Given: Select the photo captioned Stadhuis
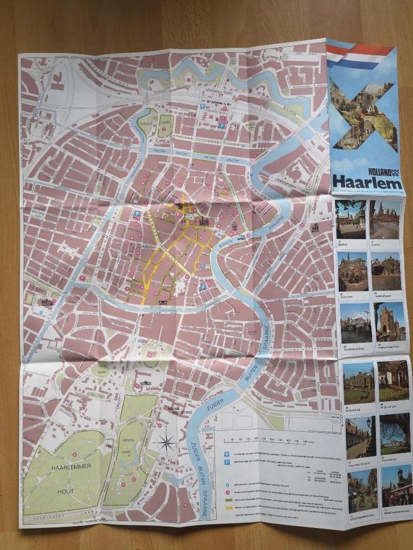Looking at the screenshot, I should pyautogui.click(x=351, y=219).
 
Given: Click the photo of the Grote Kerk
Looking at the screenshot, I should pyautogui.click(x=352, y=271).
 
